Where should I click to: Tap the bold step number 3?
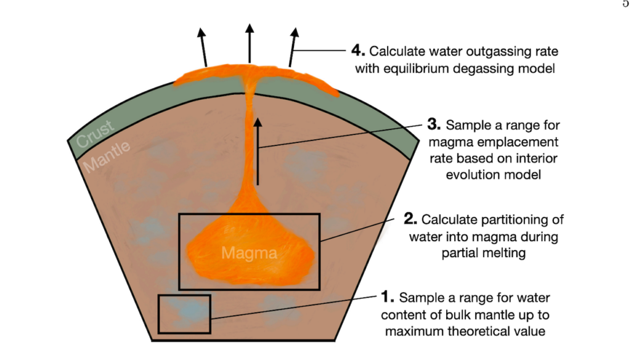(434, 125)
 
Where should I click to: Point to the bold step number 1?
(388, 298)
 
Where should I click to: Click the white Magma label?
(249, 253)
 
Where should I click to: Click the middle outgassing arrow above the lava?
(249, 43)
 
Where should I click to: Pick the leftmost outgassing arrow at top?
(203, 46)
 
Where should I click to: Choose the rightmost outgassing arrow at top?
(293, 46)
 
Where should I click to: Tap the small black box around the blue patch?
(184, 314)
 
